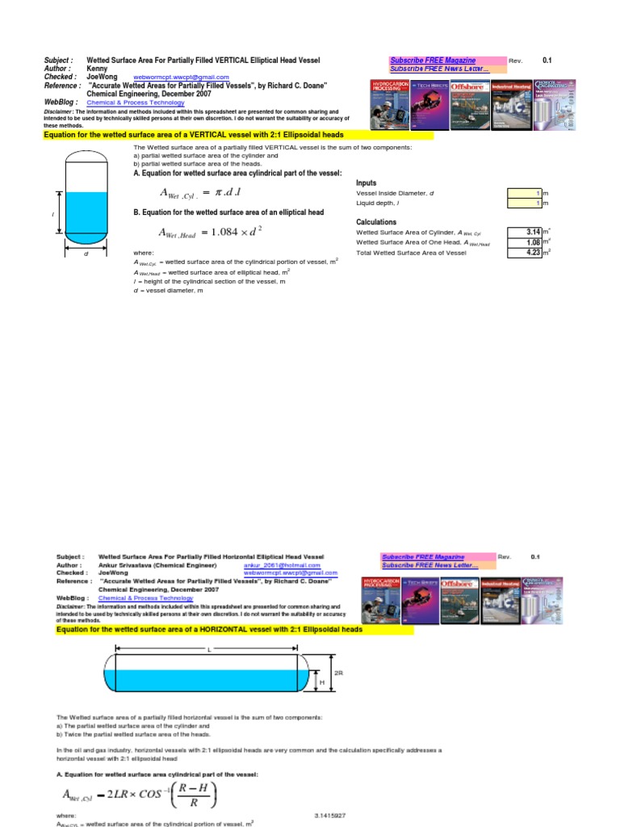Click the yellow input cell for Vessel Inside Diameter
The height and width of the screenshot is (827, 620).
point(524,194)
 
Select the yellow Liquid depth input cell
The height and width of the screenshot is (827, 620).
point(524,204)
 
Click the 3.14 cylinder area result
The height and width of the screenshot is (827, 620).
point(524,232)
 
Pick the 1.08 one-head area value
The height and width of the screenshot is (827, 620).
point(524,241)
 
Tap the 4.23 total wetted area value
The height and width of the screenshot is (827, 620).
point(524,252)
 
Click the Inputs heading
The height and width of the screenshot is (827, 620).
point(366,183)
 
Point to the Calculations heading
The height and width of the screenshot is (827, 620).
point(376,221)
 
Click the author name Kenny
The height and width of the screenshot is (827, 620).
point(97,69)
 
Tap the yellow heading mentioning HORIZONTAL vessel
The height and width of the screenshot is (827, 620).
point(234,629)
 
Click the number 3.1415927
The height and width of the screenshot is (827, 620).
point(329,815)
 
